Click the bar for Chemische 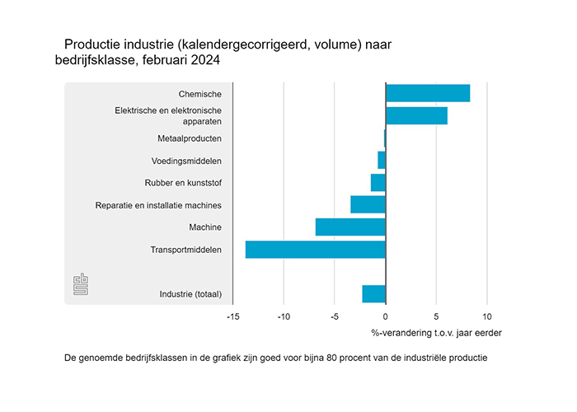(428, 93)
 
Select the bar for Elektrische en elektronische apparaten (416, 115)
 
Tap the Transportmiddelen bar (316, 249)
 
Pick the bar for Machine (350, 227)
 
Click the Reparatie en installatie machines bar (368, 204)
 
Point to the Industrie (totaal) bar (373, 293)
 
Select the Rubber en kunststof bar (378, 182)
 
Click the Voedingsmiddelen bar (382, 160)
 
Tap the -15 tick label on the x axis (232, 316)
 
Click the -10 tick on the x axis (284, 316)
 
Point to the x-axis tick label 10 (487, 316)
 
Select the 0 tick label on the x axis (386, 316)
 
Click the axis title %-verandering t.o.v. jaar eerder (436, 333)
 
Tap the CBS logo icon (81, 284)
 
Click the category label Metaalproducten (190, 138)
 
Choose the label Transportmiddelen (185, 249)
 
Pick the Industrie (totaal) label (190, 293)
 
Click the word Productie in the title (91, 44)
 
